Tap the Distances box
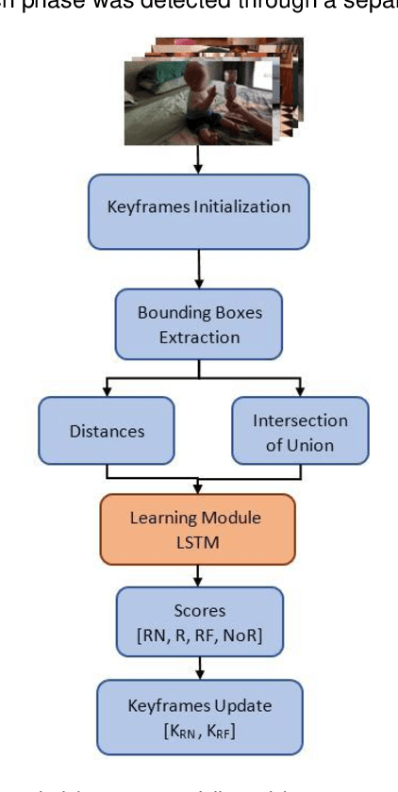(x=107, y=431)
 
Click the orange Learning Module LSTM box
(x=198, y=529)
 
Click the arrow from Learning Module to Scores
(x=198, y=573)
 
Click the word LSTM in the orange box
(x=198, y=541)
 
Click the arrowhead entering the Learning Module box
(x=198, y=489)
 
